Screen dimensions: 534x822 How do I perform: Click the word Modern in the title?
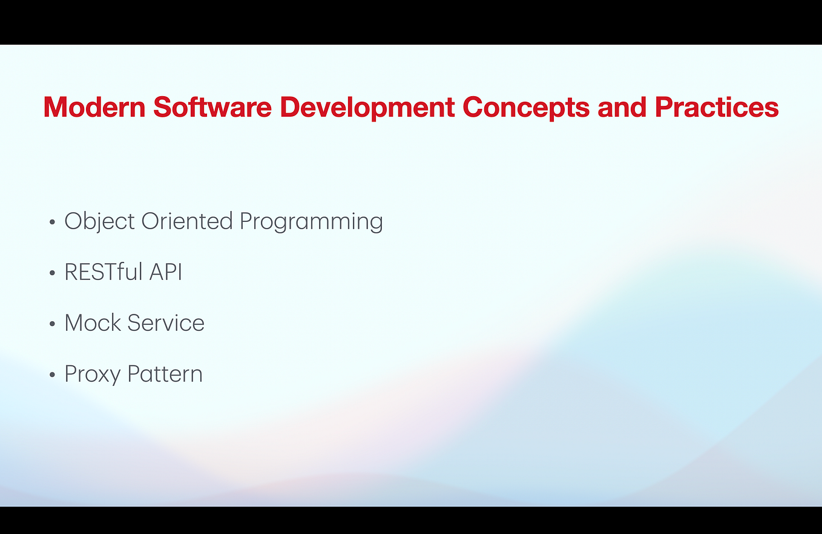click(x=94, y=108)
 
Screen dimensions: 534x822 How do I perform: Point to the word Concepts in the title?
click(x=525, y=108)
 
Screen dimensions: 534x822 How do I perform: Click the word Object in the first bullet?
click(x=100, y=221)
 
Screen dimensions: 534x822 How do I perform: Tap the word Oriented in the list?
click(x=187, y=221)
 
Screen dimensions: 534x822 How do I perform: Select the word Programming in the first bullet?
click(x=311, y=221)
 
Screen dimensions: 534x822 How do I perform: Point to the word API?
click(x=165, y=272)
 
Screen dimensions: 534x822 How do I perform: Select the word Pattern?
click(x=165, y=374)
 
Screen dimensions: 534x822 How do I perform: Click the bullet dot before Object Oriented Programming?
click(x=53, y=223)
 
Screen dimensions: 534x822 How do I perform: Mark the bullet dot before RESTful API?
click(x=53, y=273)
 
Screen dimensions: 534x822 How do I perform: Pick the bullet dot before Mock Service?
click(x=53, y=324)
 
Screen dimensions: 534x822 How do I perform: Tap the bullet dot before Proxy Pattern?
click(x=53, y=375)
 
